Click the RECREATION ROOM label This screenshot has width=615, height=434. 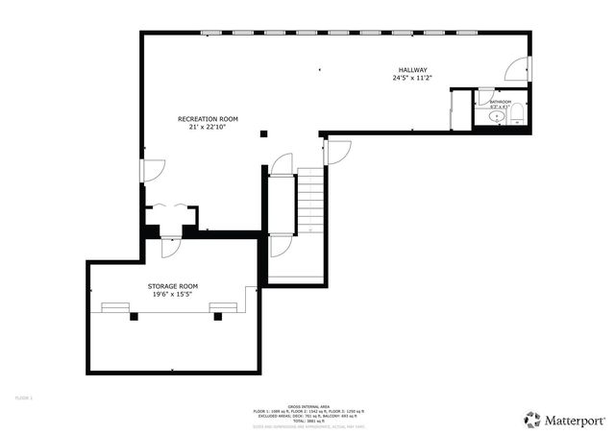coord(208,118)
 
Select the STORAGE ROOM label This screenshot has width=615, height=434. coord(172,286)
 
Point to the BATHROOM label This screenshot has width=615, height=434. coord(500,101)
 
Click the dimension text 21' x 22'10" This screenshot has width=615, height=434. coord(208,127)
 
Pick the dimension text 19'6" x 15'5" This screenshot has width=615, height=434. coord(172,295)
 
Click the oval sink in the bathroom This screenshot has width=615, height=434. coord(497,117)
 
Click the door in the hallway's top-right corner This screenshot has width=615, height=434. coord(516,69)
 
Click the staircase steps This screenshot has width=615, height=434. coord(311,203)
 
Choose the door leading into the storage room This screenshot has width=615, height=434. coord(170,247)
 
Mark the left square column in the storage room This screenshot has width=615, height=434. coord(134,316)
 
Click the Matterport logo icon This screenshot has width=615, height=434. coord(532,419)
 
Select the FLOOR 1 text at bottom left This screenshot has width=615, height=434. coord(24,398)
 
